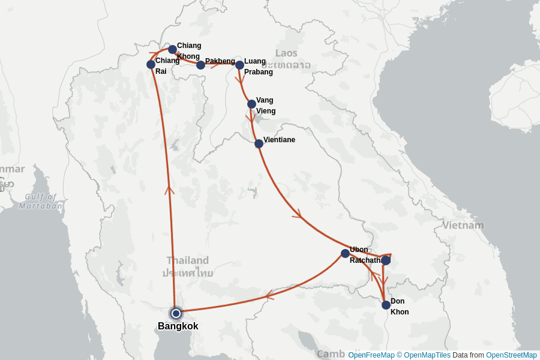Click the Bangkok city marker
click(x=176, y=313)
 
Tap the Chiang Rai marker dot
click(x=151, y=64)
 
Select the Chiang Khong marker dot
click(x=172, y=49)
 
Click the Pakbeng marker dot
click(x=200, y=65)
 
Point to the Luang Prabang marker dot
click(x=239, y=65)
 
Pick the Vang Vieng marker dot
click(x=251, y=104)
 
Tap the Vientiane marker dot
click(x=259, y=143)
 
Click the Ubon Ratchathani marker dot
click(x=345, y=253)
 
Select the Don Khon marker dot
click(x=386, y=305)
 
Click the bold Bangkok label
click(x=178, y=326)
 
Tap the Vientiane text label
click(x=279, y=140)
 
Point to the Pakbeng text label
click(x=220, y=61)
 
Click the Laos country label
click(x=286, y=53)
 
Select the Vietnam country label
click(x=463, y=226)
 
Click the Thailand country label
click(x=188, y=260)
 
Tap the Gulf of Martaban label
click(x=40, y=201)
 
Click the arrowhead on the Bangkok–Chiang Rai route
click(x=169, y=190)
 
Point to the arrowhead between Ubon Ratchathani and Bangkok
click(x=268, y=295)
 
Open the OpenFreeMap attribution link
click(x=371, y=355)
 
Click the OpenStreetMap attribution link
click(x=511, y=355)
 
